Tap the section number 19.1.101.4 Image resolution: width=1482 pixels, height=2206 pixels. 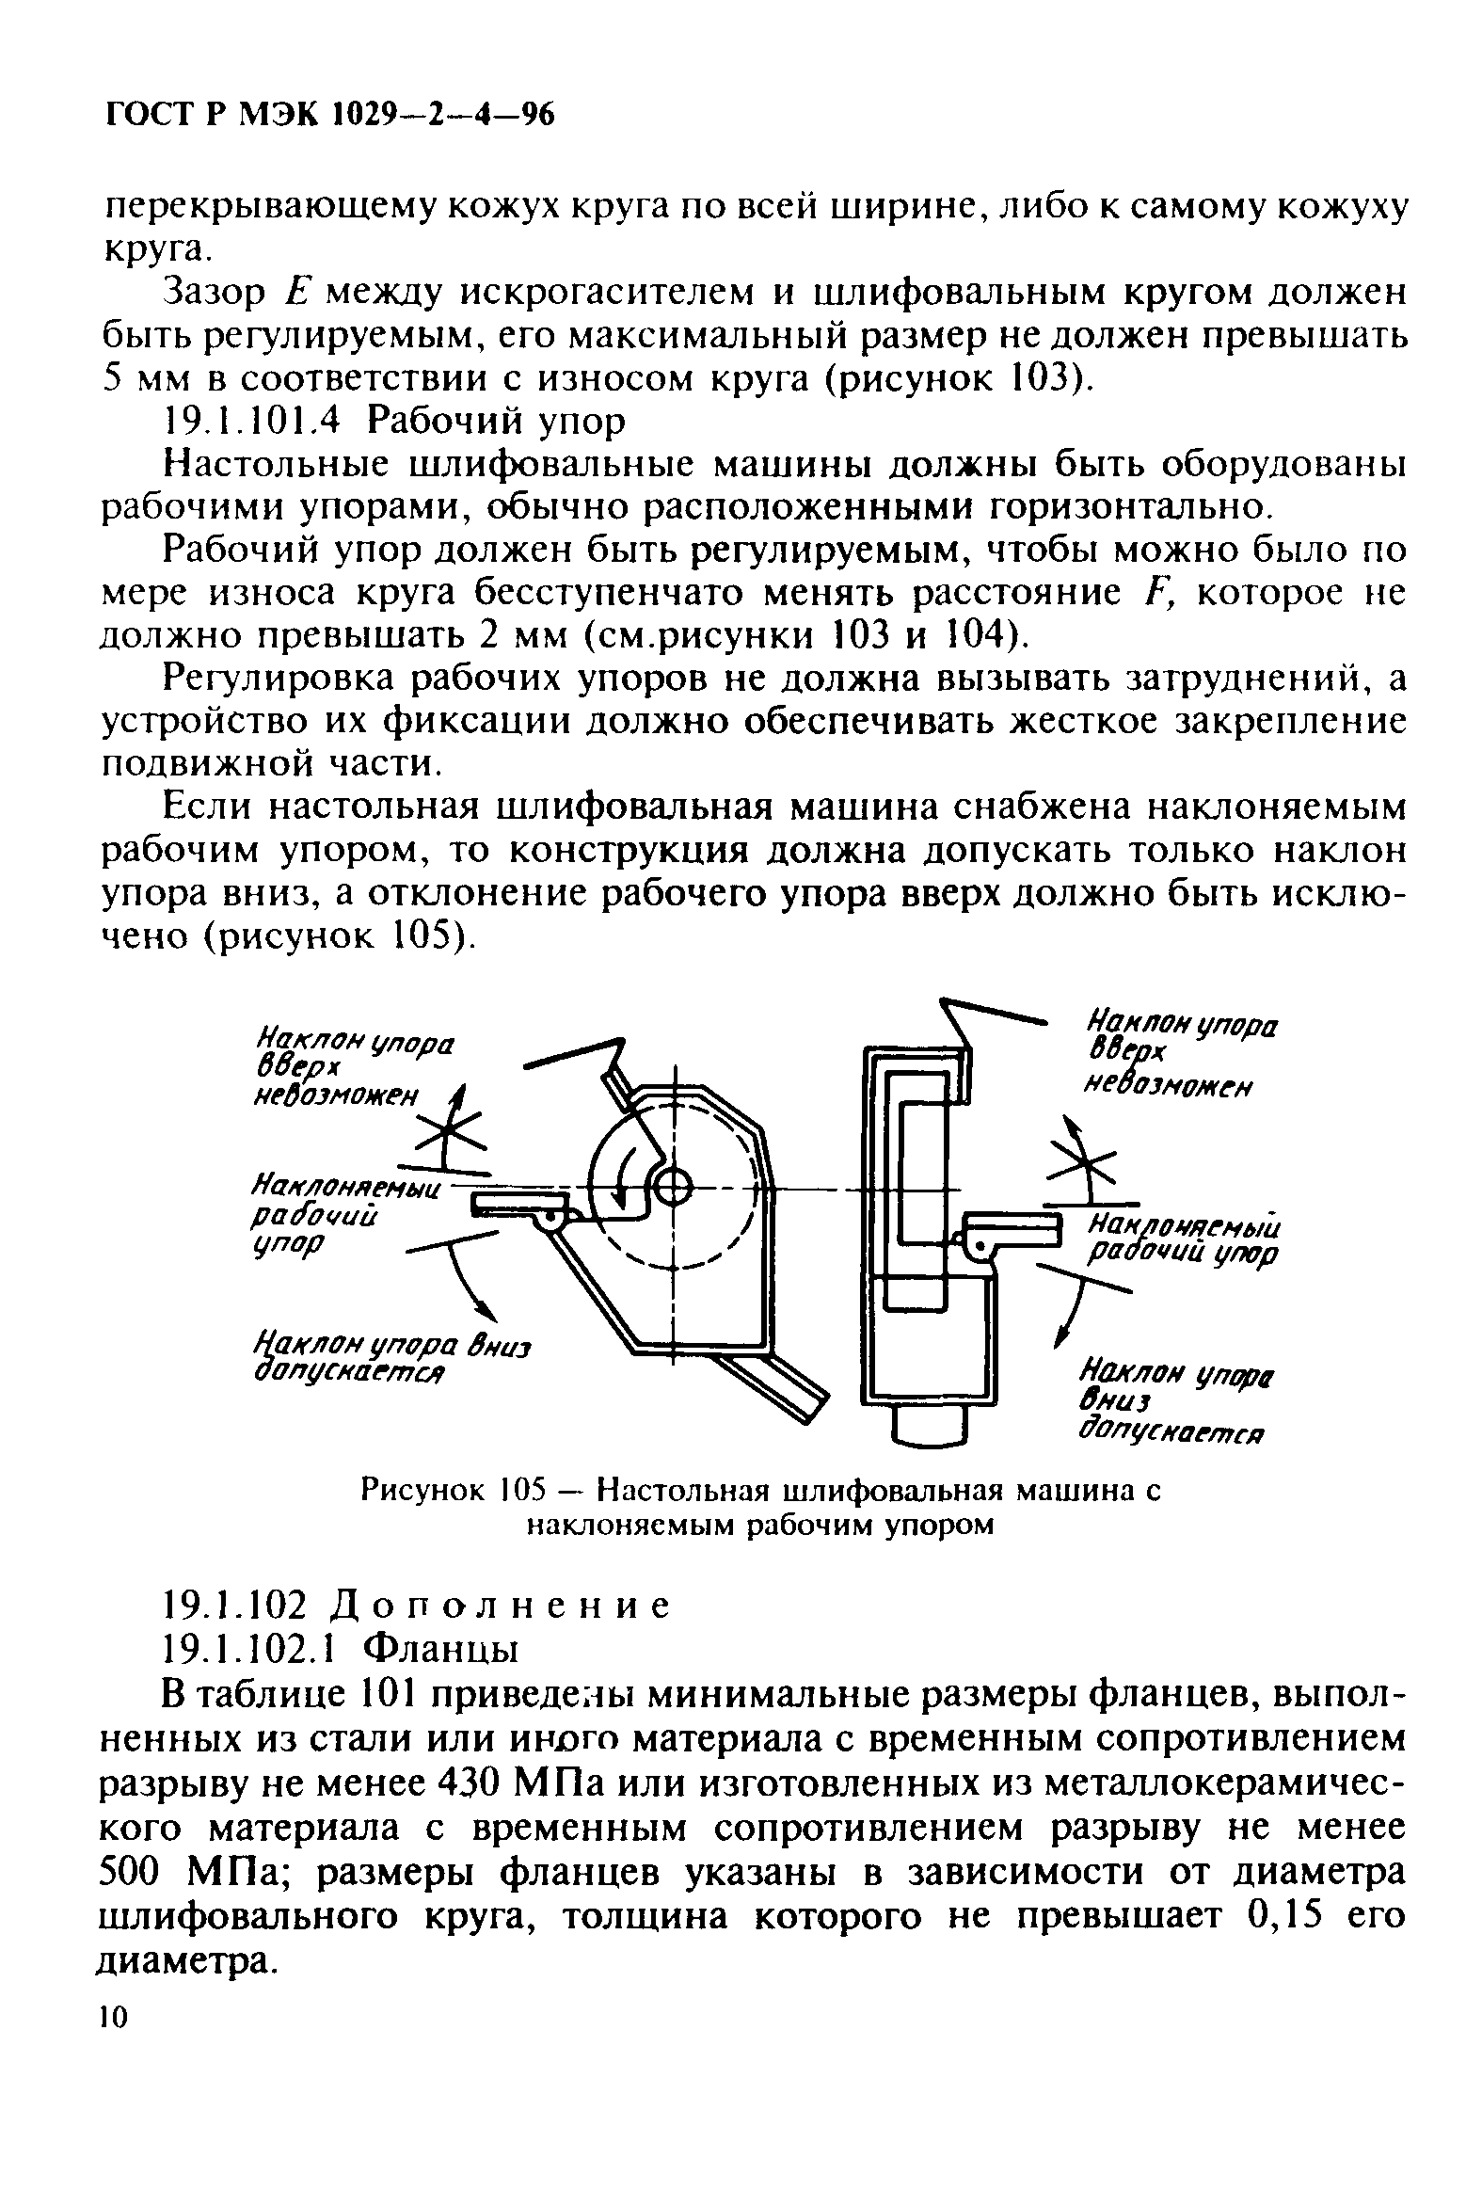click(251, 422)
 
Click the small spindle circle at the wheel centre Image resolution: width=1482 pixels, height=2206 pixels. click(672, 1188)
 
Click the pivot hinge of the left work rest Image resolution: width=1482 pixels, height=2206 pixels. click(548, 1222)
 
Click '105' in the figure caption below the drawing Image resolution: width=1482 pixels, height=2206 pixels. click(525, 1491)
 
